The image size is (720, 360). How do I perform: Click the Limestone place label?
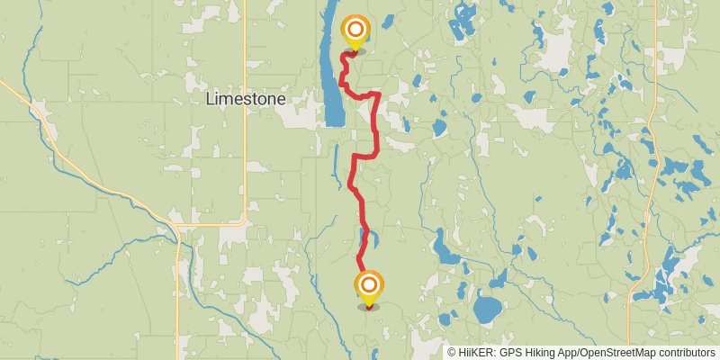click(246, 98)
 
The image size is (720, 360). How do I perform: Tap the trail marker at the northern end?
click(355, 31)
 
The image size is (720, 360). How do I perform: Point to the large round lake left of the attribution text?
click(488, 309)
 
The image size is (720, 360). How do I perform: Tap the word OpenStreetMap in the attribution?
click(616, 352)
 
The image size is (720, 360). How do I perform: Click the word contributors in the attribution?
click(686, 352)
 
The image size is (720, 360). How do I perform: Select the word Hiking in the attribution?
click(546, 352)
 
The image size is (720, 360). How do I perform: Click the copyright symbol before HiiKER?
click(452, 352)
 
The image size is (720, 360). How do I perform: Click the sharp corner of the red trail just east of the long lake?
click(379, 93)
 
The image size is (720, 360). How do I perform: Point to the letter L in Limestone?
click(211, 98)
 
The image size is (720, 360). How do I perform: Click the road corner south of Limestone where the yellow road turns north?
click(245, 221)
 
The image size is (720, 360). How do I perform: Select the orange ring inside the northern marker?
click(355, 27)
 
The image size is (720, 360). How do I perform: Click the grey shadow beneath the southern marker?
click(368, 307)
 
